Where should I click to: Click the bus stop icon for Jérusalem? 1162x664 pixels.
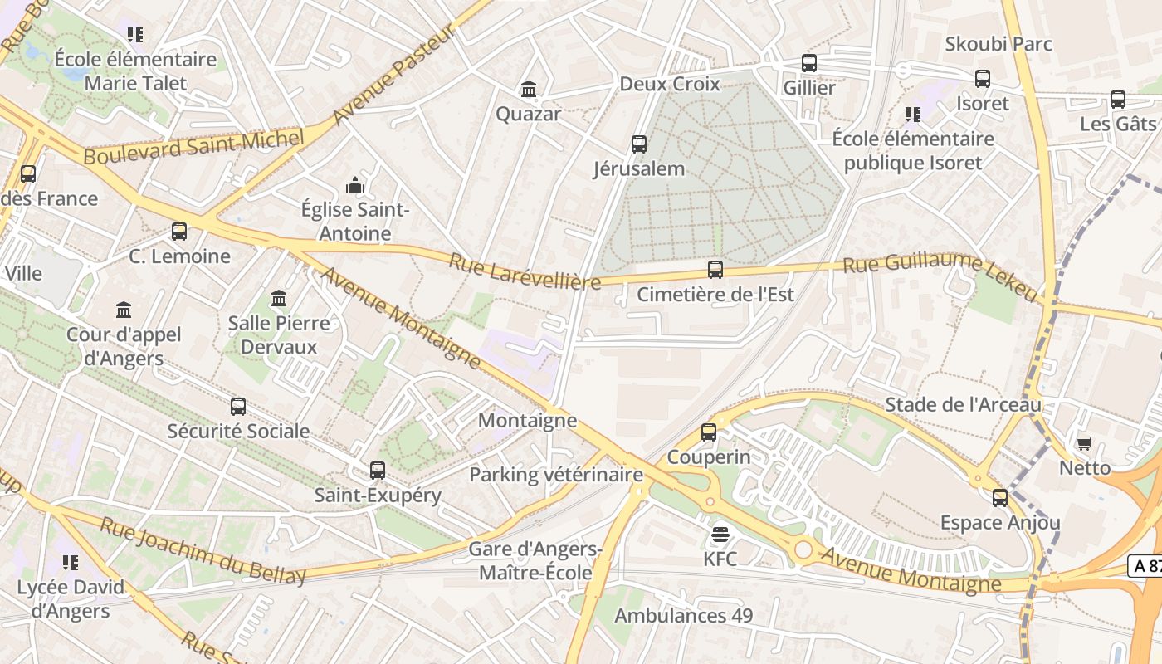point(639,144)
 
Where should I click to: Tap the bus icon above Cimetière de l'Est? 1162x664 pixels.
point(715,270)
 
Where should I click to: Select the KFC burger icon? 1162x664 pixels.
point(720,535)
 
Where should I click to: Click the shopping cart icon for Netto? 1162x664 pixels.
point(1084,444)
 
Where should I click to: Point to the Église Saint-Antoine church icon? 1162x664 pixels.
point(355,185)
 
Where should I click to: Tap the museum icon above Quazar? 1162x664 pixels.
point(529,89)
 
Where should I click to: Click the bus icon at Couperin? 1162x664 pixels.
point(708,432)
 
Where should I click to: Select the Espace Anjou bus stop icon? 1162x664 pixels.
point(1000,498)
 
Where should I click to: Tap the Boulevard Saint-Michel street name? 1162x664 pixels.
point(193,148)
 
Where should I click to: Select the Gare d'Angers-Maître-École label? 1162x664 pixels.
point(535,561)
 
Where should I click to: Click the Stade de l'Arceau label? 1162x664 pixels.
point(963,405)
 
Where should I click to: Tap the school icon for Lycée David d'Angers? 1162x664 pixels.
point(71,563)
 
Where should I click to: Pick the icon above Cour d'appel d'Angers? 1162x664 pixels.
point(124,310)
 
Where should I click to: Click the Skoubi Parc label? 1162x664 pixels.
point(998,44)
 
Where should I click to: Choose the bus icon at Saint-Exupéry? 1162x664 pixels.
point(378,471)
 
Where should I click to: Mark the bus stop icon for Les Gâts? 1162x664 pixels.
point(1118,100)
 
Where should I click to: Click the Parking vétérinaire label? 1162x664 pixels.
point(556,475)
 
